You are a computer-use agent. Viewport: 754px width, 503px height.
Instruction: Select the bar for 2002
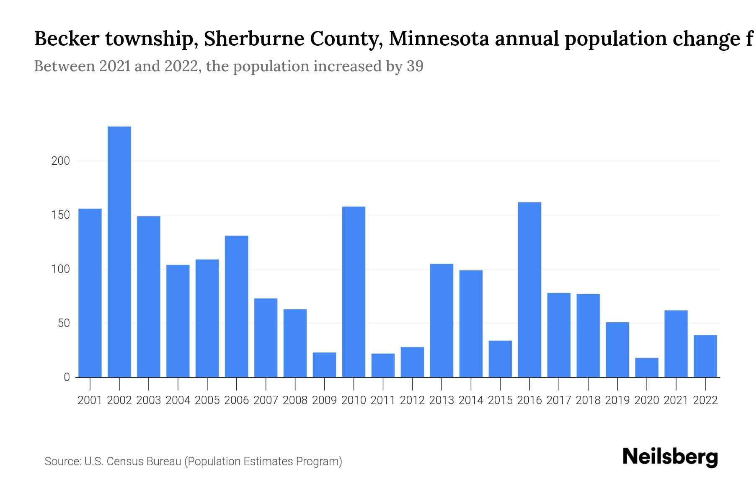(119, 251)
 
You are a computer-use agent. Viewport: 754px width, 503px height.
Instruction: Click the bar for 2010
(354, 292)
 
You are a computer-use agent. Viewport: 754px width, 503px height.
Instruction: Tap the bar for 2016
(529, 290)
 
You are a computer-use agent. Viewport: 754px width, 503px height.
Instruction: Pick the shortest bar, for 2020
(647, 368)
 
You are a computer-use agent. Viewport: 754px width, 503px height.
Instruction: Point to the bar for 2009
(324, 365)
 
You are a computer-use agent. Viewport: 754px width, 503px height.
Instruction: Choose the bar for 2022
(705, 356)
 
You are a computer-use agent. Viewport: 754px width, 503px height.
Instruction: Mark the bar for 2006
(236, 306)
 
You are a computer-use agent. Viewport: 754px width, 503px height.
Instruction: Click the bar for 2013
(442, 321)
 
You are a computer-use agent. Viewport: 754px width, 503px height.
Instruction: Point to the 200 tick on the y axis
(60, 161)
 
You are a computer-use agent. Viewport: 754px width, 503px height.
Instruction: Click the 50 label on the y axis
(64, 323)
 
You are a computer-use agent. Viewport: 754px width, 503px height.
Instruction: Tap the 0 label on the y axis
(67, 377)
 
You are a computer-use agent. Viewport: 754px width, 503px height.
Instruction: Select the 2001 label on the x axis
(90, 400)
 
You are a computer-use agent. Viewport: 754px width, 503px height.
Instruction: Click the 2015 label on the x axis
(500, 400)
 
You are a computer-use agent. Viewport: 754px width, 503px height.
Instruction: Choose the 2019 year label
(617, 400)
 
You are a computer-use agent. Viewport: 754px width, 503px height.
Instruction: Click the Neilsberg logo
(670, 457)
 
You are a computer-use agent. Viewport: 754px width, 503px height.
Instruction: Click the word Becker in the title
(67, 39)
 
